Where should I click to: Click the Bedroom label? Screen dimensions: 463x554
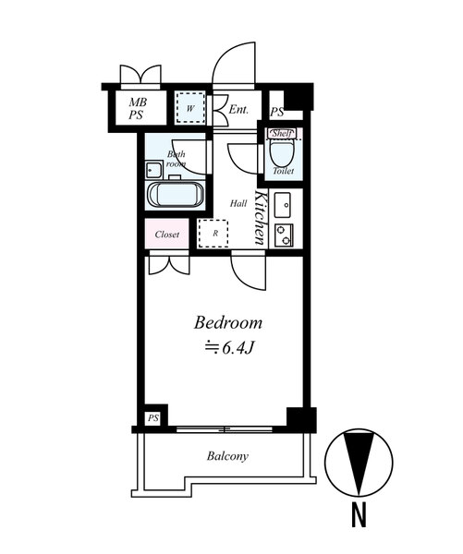pos(228,323)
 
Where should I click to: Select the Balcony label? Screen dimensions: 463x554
pos(227,456)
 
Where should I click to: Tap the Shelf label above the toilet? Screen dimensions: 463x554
pos(282,134)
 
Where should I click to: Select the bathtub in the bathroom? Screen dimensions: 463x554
pos(175,194)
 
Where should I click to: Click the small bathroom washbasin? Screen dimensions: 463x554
pos(153,170)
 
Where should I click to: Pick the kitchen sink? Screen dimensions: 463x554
pos(283,205)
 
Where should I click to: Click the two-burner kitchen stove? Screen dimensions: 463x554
pos(284,235)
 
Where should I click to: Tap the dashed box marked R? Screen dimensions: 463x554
pos(213,234)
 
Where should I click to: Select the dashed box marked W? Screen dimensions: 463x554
pos(190,107)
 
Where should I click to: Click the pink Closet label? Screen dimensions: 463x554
pos(167,235)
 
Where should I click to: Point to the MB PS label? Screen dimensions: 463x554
pos(138,108)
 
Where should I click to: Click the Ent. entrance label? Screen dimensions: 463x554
pos(238,110)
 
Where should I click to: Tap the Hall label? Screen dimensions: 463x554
pos(238,203)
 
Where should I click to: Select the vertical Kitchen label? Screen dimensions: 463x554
pos(260,218)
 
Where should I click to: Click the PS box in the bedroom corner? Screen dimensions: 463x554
pos(153,418)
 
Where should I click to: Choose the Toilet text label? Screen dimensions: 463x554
pos(284,171)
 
